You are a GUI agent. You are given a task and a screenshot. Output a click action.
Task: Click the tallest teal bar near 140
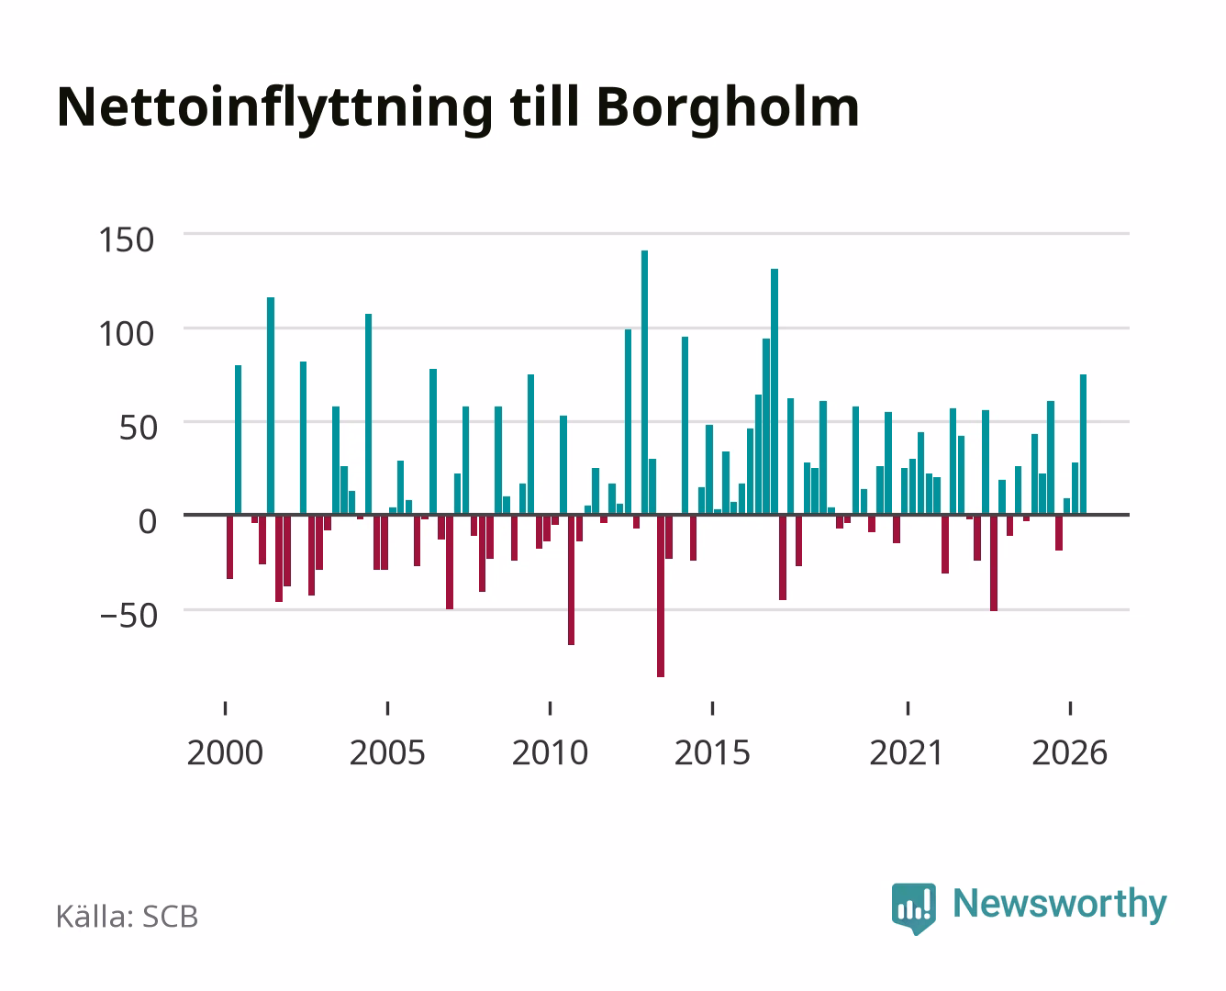(644, 382)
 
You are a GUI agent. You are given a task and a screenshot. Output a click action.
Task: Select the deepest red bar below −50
(660, 596)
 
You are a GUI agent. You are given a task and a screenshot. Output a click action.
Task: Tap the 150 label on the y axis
(126, 240)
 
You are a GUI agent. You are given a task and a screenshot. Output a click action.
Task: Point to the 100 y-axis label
(126, 334)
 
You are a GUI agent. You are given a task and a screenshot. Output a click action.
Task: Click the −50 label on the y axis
(128, 616)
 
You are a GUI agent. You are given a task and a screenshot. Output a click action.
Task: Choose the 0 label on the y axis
(148, 522)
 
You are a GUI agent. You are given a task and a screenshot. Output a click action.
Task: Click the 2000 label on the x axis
(225, 752)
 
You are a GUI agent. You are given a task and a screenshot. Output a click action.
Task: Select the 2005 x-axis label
(387, 752)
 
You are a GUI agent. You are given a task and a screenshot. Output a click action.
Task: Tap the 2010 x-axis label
(550, 752)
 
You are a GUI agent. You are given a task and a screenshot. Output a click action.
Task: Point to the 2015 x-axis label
(712, 752)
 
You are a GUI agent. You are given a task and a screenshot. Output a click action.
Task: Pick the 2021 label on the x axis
(908, 752)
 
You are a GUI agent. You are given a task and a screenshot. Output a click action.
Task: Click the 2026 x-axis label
(1069, 752)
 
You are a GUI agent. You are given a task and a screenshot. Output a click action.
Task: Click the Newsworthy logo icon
(913, 907)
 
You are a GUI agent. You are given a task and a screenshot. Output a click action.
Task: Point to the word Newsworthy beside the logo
(1060, 904)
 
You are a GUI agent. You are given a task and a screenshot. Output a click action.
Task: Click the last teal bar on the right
(1083, 444)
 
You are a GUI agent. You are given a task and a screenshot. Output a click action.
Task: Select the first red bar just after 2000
(229, 547)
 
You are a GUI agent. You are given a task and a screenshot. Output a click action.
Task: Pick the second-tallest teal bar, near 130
(775, 391)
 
